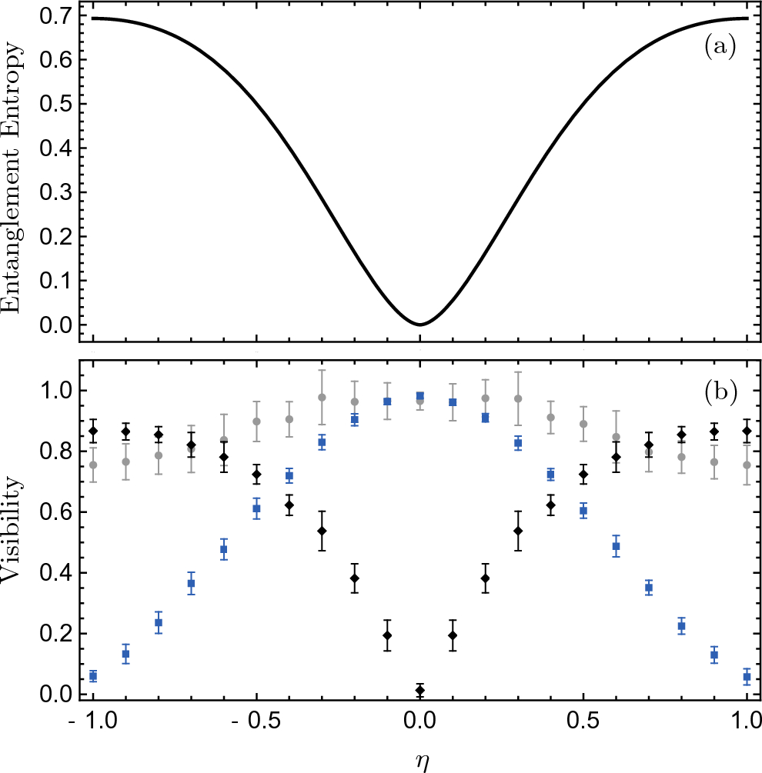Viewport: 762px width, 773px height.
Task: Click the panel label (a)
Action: (720, 48)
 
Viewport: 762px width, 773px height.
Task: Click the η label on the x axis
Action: (419, 760)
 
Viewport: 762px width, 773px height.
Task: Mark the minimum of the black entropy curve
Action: (419, 324)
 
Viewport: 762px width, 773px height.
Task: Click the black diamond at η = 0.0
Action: (419, 690)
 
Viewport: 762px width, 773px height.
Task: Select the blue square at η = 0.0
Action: (419, 396)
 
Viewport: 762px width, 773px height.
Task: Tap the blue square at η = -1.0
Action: (93, 675)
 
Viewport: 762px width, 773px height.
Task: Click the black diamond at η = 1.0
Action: (746, 431)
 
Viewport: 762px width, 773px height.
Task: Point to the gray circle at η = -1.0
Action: (93, 465)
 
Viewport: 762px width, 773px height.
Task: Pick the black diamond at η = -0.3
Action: (322, 531)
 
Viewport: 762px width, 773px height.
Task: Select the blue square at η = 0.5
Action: (583, 511)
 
